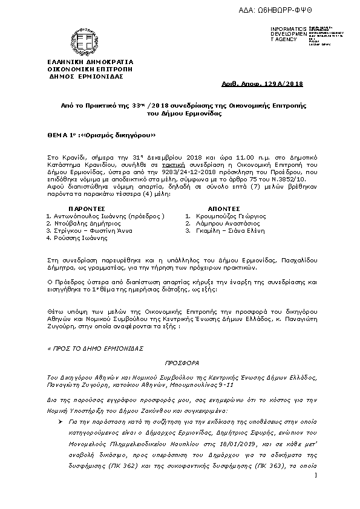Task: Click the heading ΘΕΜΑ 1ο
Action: point(61,135)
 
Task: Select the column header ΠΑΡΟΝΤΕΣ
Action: point(79,207)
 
